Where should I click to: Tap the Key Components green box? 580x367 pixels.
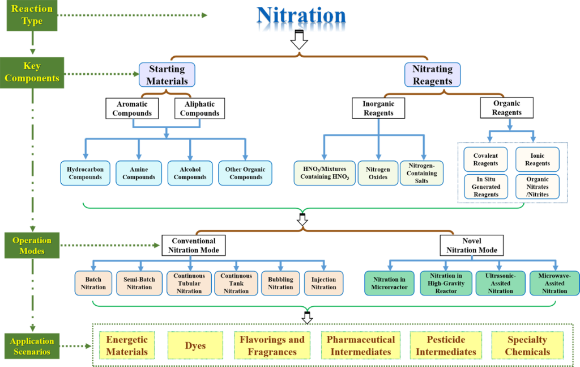tap(32, 72)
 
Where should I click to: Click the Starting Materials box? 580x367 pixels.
tap(167, 74)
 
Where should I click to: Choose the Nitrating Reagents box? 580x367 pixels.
tap(432, 74)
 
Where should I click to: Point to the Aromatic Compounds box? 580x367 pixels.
tap(132, 108)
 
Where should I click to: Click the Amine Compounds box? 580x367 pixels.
tap(139, 173)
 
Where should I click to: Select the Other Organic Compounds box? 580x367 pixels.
tap(245, 173)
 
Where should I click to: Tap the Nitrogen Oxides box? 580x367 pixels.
tap(378, 173)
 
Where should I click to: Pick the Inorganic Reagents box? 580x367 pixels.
tap(378, 108)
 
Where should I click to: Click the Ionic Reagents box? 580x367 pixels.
tap(537, 159)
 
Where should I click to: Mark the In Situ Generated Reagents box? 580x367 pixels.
tap(486, 187)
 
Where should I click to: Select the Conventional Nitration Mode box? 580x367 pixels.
tap(193, 245)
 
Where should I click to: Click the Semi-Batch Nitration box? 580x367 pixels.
tap(139, 283)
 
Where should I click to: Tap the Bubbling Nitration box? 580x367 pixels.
tap(280, 283)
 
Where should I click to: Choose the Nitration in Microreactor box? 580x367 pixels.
tap(389, 283)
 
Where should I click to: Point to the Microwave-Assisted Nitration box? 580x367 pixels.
tap(554, 283)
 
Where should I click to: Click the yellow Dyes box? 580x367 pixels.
tap(195, 345)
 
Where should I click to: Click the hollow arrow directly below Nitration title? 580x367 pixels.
tap(298, 40)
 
